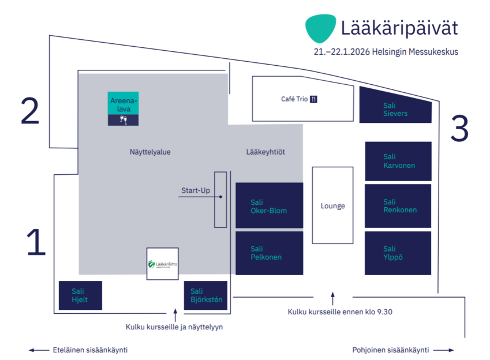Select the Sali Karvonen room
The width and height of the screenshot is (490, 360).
pos(398,161)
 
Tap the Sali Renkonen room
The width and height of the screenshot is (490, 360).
pos(398,205)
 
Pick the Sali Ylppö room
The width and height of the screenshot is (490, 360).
pos(398,253)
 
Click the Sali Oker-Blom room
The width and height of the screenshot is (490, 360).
pos(269,205)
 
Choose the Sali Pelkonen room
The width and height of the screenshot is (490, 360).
pos(269,253)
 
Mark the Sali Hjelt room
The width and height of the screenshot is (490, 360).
pos(80,295)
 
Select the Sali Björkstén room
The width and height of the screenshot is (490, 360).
pos(205,295)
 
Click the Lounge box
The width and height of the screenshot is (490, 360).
pos(332,205)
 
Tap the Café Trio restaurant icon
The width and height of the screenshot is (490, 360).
pos(314,99)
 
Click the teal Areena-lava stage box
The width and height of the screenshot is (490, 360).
pos(123,103)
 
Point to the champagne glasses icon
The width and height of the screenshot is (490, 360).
pos(123,120)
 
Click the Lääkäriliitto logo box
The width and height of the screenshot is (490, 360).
pos(162,264)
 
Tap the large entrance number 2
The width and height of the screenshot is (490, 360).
pos(30,111)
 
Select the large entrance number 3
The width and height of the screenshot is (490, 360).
pos(459,129)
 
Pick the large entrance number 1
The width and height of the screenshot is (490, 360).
pos(36,242)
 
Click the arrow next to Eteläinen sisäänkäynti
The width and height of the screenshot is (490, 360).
pos(39,350)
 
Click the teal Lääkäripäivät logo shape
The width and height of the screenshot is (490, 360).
pos(320,28)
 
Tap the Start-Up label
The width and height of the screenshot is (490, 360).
pos(196,190)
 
